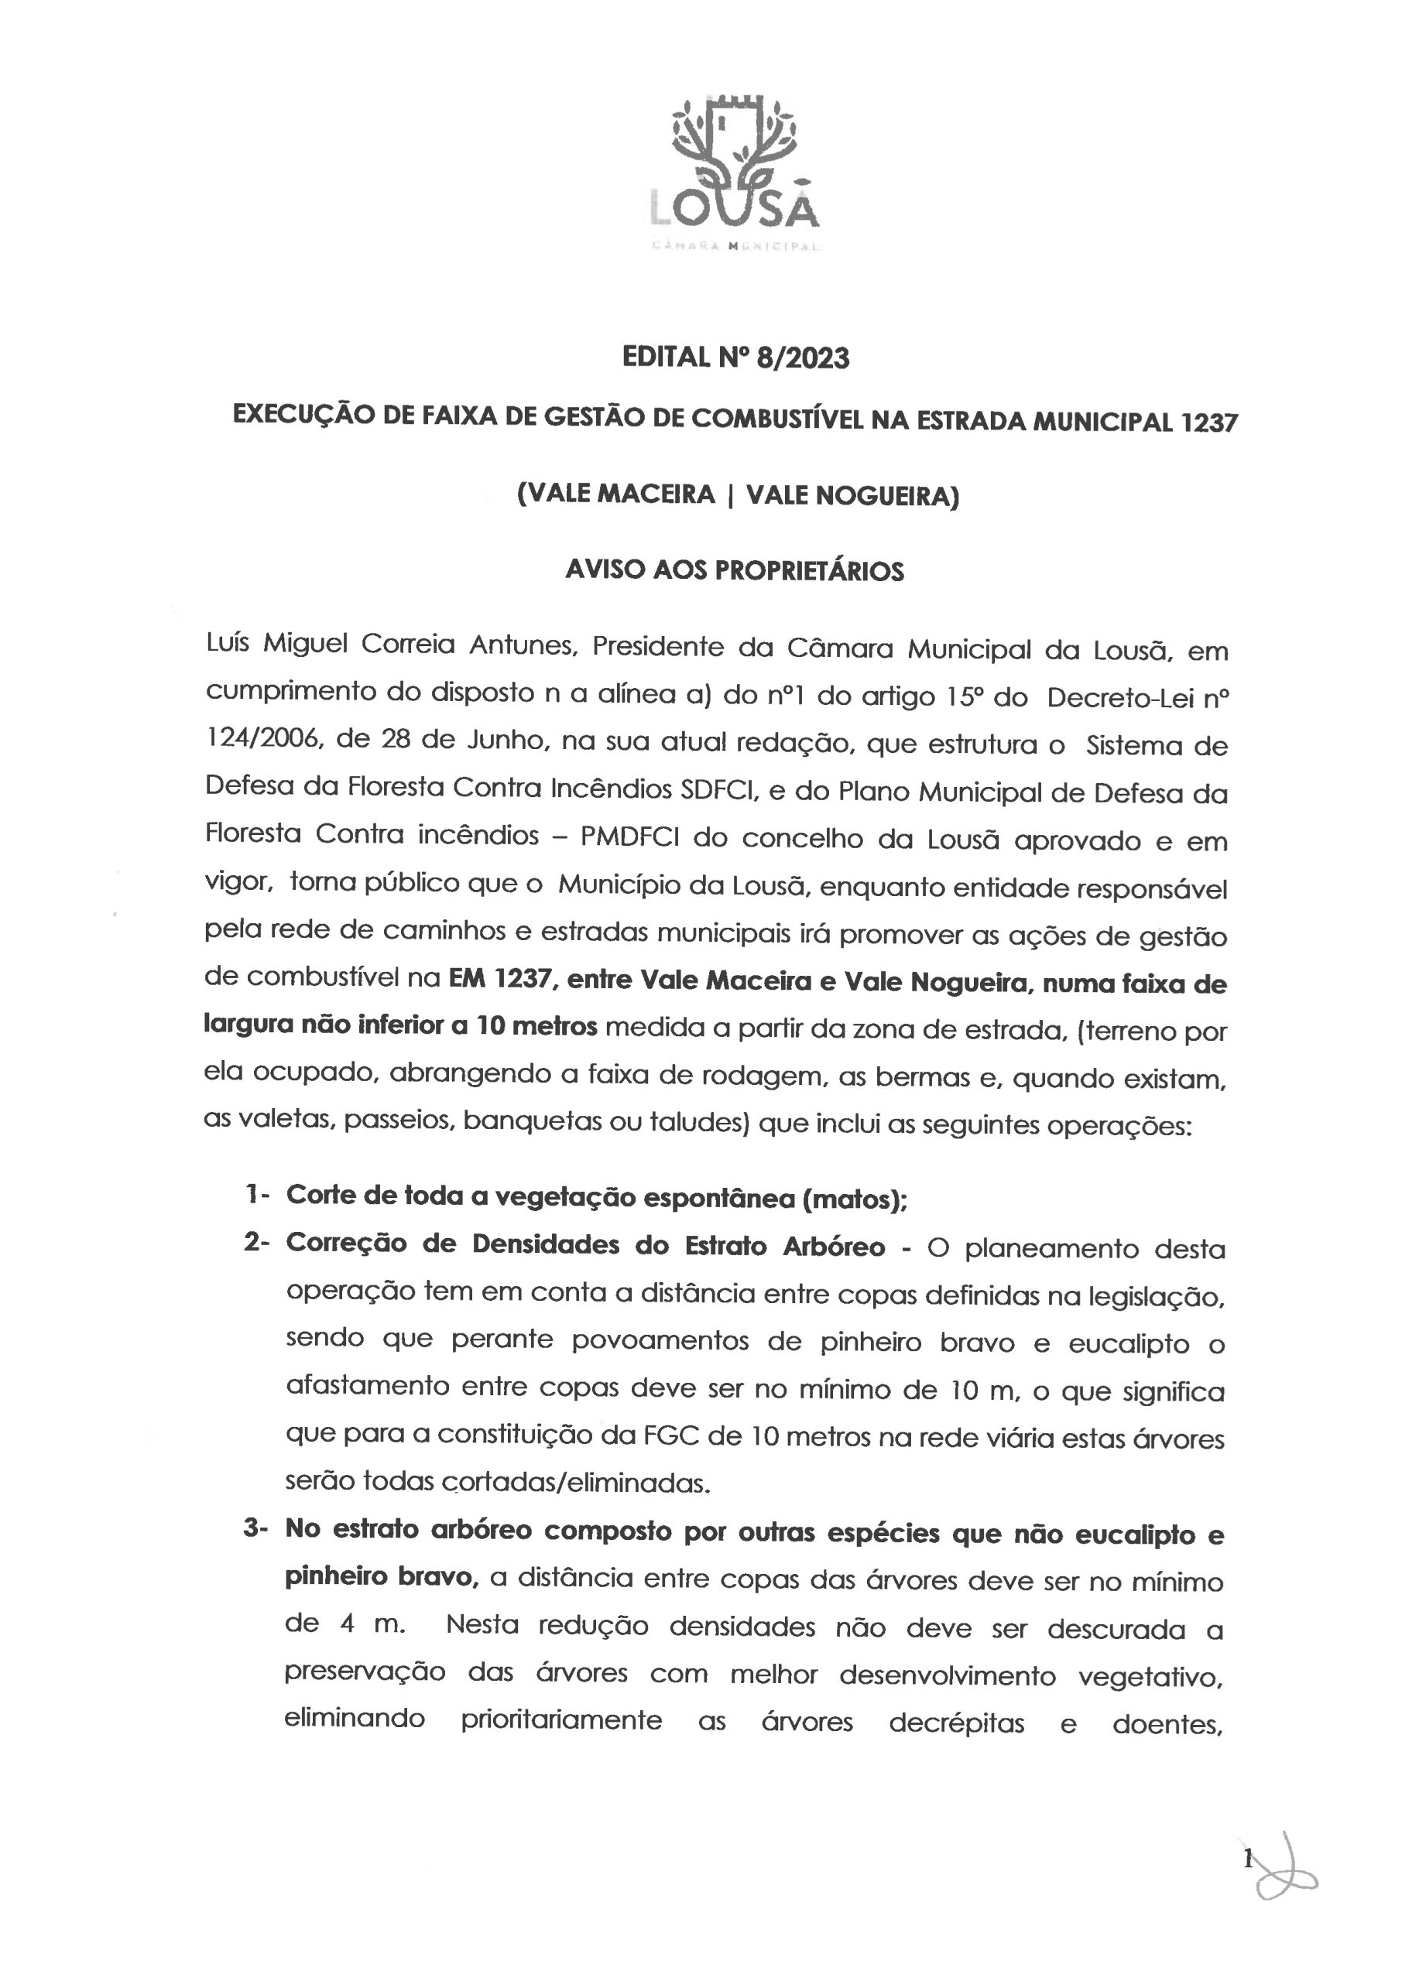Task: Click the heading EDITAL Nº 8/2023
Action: click(735, 358)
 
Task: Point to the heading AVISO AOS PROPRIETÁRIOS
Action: click(735, 570)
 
